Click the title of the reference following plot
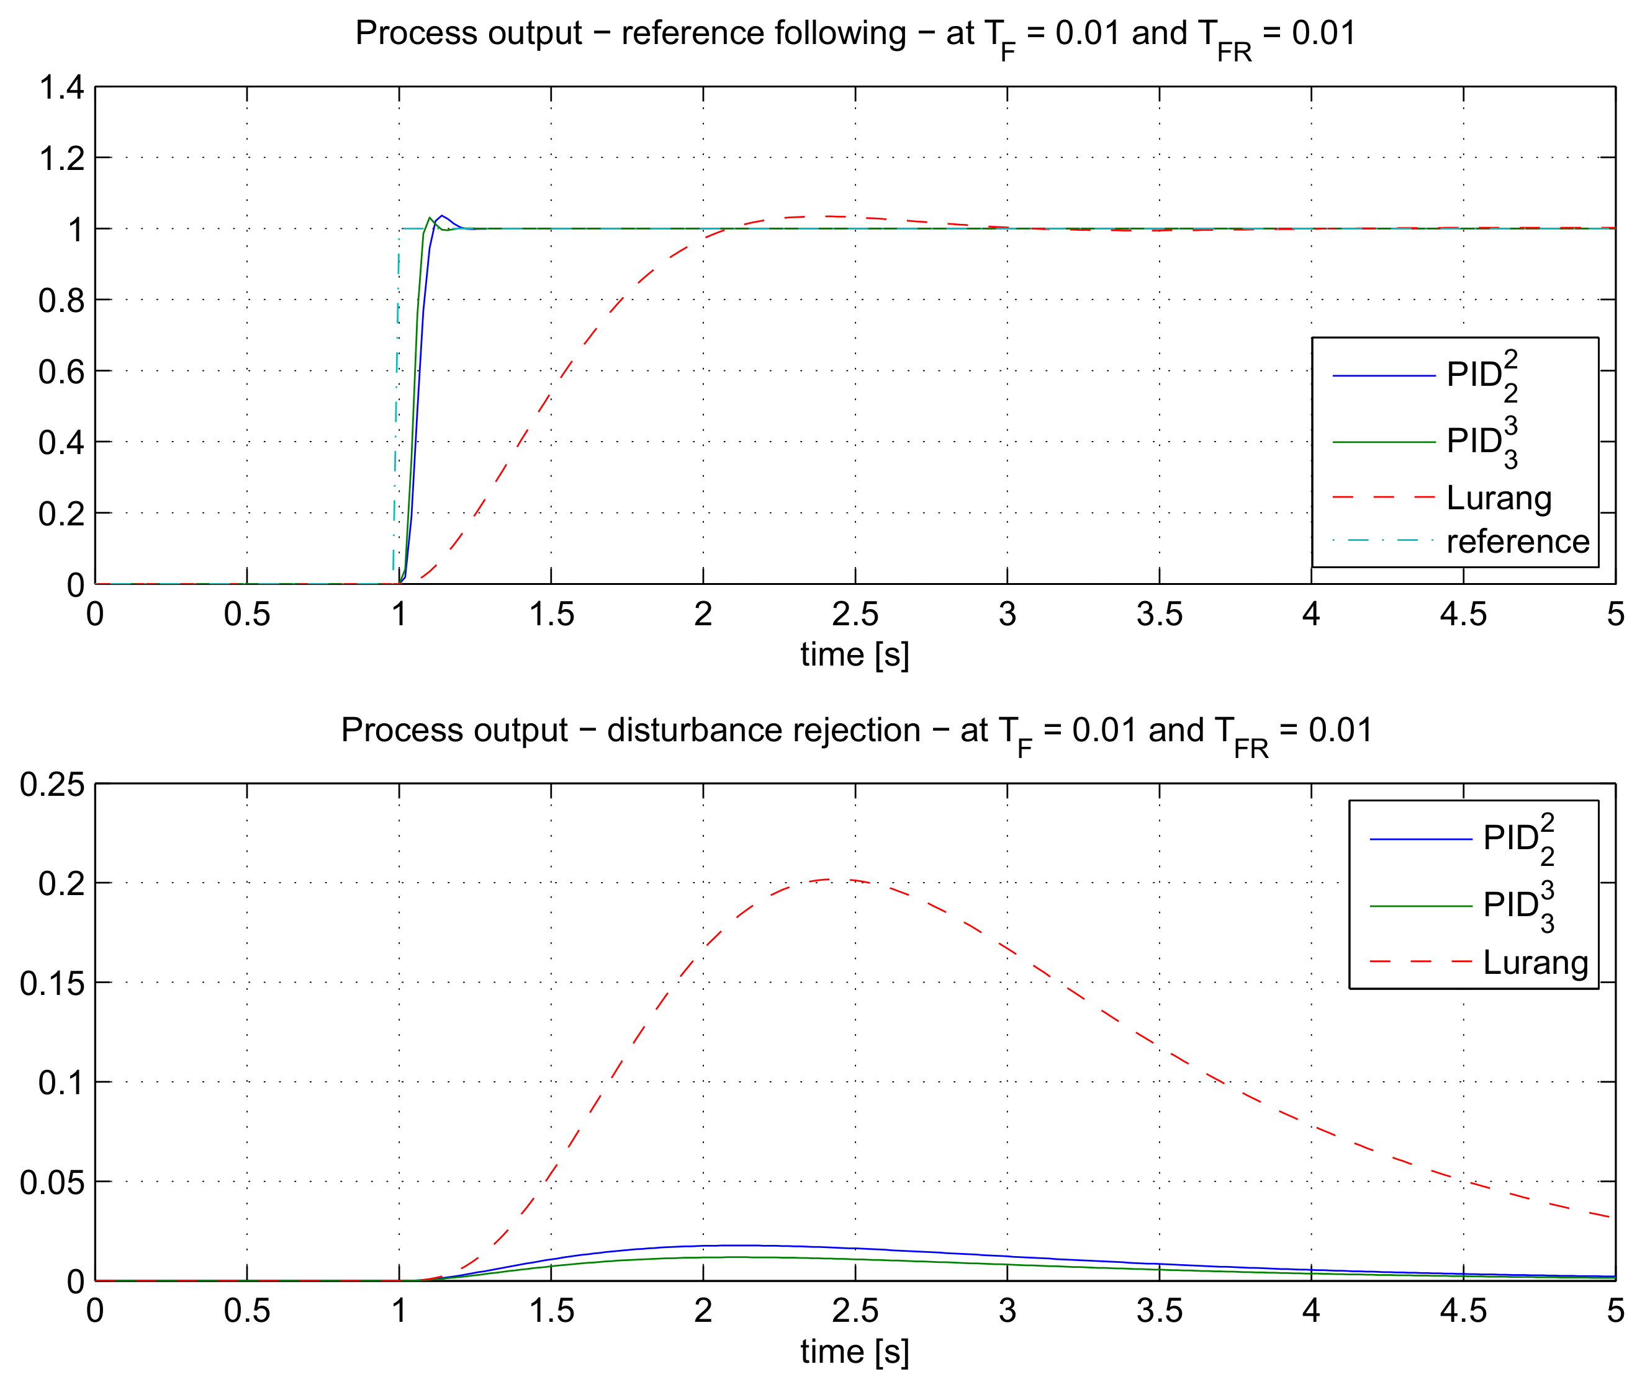(x=855, y=35)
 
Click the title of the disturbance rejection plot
(x=855, y=732)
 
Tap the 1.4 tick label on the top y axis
(x=61, y=87)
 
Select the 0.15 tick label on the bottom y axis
(x=52, y=983)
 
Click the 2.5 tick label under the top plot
(x=855, y=614)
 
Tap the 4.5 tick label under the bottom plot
(x=1463, y=1311)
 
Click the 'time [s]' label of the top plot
(x=855, y=654)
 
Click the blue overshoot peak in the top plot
(x=443, y=215)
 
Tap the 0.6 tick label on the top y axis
(x=61, y=372)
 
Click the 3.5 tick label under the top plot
(x=1159, y=614)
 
